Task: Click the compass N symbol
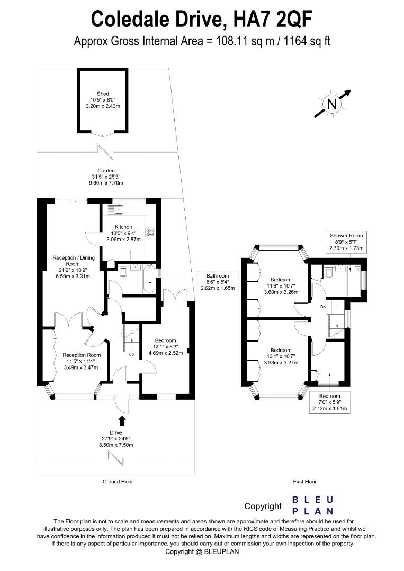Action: pos(332,104)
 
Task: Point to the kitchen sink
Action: pos(115,209)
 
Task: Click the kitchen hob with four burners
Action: pos(150,232)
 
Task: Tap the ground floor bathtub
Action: pos(149,279)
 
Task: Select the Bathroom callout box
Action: pos(218,282)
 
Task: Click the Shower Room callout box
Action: pos(346,242)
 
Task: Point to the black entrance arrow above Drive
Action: pos(122,421)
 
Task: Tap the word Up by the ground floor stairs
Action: pos(131,354)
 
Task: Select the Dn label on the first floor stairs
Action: pos(323,307)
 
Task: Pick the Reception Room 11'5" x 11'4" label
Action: pos(81,361)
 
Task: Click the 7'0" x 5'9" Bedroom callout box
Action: pos(330,402)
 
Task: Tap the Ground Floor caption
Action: pos(118,482)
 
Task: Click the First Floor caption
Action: pos(305,482)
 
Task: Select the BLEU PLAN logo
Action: pos(313,505)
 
